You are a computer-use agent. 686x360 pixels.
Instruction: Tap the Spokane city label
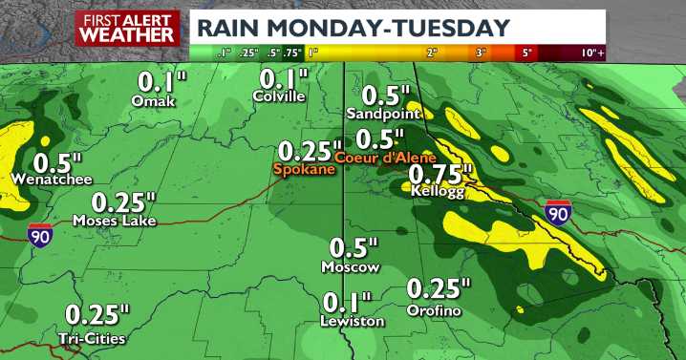(304, 170)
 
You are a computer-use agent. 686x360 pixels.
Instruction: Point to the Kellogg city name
(436, 191)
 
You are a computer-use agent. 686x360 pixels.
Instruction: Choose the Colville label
(279, 96)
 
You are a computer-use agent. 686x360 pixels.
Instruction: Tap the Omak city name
(154, 100)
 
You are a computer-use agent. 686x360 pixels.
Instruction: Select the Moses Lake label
(114, 221)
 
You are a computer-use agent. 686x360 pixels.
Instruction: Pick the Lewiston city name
(353, 322)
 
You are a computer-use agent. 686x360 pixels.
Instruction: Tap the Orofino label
(433, 311)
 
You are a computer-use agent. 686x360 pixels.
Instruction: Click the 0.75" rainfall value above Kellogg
(441, 173)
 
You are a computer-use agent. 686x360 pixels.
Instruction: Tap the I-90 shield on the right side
(559, 215)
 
